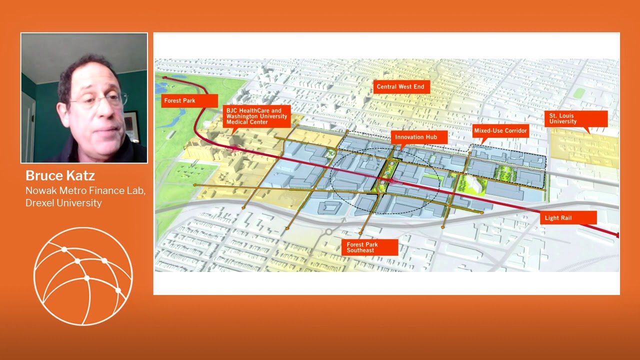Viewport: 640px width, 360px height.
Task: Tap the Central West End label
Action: (x=400, y=86)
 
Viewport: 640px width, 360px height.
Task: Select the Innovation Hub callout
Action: (x=416, y=137)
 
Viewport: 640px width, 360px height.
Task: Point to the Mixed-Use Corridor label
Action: (x=500, y=130)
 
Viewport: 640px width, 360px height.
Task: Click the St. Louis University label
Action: (x=575, y=118)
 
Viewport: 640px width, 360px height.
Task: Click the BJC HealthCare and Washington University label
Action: (x=257, y=116)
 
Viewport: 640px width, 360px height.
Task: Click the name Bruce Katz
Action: (x=60, y=175)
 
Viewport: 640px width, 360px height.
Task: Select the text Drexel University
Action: (x=63, y=202)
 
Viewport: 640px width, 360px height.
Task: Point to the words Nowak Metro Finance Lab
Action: (x=85, y=190)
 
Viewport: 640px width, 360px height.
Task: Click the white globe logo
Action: (x=83, y=276)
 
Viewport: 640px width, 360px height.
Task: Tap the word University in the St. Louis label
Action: (x=563, y=121)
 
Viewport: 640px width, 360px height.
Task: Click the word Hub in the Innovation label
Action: (x=430, y=137)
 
